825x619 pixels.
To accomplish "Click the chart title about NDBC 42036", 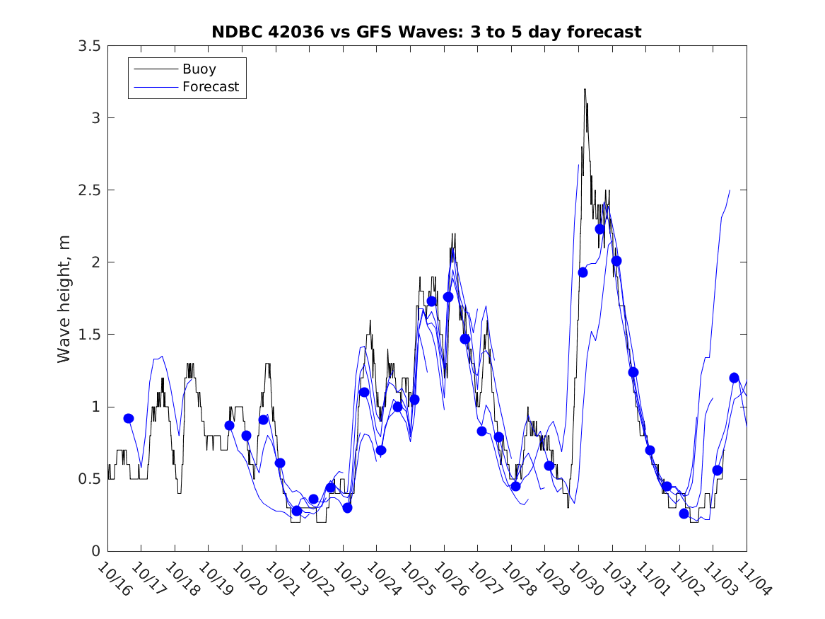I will click(426, 32).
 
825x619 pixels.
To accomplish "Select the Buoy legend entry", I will click(199, 69).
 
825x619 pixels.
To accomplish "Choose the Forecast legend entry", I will click(210, 88).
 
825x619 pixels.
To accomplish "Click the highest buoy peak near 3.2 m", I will click(585, 89).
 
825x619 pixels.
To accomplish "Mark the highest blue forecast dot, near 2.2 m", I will click(600, 228).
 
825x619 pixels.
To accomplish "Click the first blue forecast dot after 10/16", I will click(129, 418).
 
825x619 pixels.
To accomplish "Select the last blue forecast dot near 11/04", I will click(734, 377).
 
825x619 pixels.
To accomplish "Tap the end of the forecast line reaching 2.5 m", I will click(730, 190).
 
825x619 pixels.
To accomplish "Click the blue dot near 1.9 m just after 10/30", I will click(583, 272).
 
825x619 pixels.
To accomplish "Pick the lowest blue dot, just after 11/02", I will click(684, 514).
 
